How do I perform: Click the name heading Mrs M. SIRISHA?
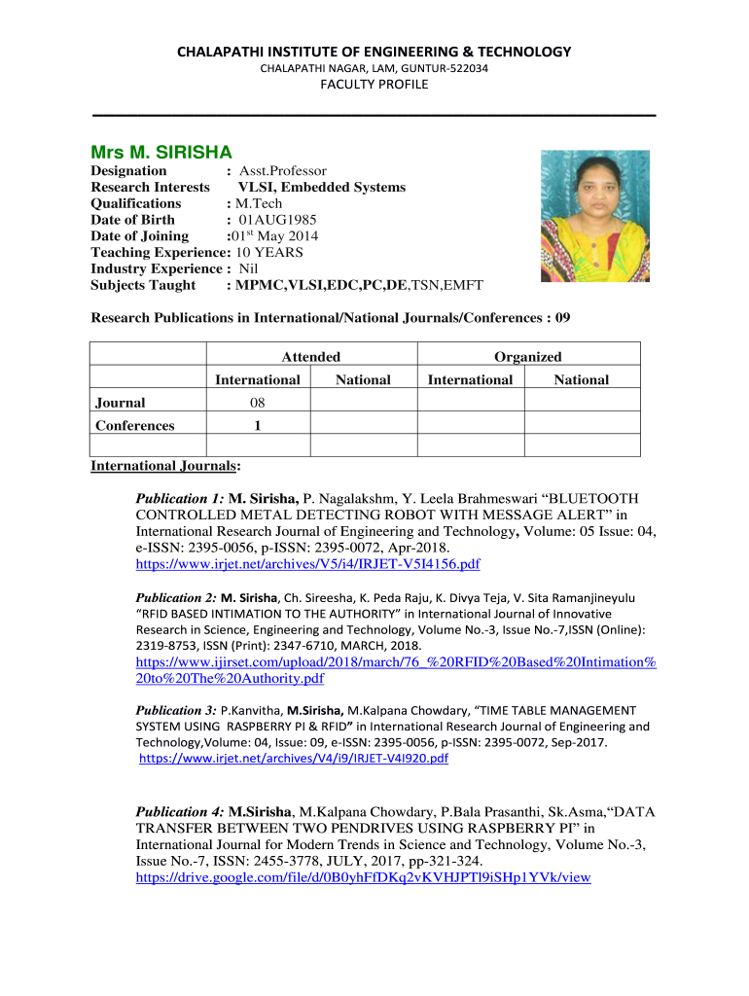pos(161,153)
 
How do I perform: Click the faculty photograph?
pos(594,216)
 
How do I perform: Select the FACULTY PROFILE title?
pos(374,85)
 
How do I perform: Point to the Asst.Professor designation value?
pos(282,171)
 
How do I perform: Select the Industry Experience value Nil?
pos(250,268)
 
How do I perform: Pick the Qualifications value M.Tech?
pos(258,203)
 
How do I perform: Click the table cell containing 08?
pos(257,403)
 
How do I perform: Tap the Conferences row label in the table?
pos(135,425)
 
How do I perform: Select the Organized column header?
pos(527,357)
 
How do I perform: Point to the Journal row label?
pos(121,403)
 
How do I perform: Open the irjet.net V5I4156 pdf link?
pos(307,564)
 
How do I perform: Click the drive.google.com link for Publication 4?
pos(363,877)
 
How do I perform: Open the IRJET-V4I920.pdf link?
pos(294,759)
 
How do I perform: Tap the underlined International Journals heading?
pos(165,466)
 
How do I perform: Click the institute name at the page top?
pos(374,52)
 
